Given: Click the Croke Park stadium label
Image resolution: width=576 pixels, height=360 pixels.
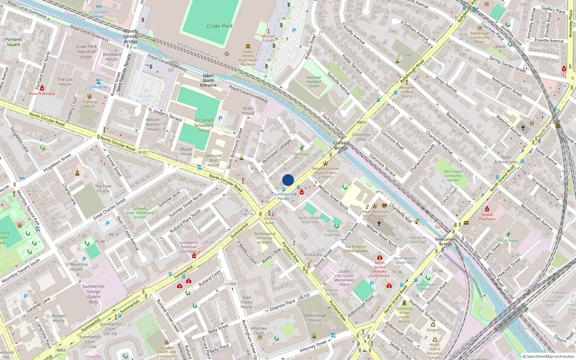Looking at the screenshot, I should tap(220, 26).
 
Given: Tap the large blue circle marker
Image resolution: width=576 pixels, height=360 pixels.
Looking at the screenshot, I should tap(288, 180).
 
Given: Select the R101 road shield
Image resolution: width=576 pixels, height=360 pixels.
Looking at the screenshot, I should tap(143, 153).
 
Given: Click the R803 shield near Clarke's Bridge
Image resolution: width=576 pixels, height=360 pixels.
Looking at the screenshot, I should tap(361, 122).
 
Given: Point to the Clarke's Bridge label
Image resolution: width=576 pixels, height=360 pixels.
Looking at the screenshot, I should tap(341, 145).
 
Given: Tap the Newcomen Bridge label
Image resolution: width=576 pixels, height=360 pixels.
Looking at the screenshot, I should tap(445, 242).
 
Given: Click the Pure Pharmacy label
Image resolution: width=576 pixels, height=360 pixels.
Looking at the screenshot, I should tap(42, 94).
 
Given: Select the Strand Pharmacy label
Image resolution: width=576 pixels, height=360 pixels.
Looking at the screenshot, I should tap(487, 217).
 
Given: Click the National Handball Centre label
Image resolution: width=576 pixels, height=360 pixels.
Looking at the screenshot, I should tap(314, 82).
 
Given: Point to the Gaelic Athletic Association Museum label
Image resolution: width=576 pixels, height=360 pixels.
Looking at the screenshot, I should tap(248, 58).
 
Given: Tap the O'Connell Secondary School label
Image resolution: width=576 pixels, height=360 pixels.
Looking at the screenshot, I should tap(204, 125).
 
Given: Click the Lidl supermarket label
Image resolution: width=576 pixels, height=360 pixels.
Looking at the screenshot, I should tap(408, 55).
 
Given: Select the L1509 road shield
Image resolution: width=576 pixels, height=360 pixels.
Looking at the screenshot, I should tap(231, 284).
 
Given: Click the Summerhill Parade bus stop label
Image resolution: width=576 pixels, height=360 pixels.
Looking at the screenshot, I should tap(283, 197).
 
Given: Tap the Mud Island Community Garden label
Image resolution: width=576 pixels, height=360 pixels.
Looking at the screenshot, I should tap(453, 176).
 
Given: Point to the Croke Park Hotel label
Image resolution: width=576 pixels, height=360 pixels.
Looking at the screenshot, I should tap(99, 14).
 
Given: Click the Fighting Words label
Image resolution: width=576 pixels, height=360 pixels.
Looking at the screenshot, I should tap(90, 104).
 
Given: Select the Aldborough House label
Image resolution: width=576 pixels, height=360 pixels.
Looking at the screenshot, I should tap(315, 318).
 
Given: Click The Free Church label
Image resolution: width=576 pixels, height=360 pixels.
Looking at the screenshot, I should tap(103, 189).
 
